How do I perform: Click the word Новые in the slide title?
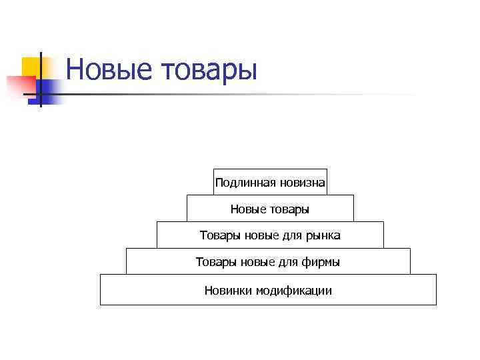(109, 69)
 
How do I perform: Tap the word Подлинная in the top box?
(241, 182)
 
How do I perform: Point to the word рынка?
(322, 235)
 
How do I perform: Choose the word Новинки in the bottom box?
(227, 291)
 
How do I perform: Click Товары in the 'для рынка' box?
(217, 235)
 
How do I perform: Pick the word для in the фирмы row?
(288, 263)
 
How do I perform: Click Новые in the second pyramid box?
(247, 209)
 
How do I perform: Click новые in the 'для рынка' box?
(257, 235)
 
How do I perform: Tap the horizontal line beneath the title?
(233, 94)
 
